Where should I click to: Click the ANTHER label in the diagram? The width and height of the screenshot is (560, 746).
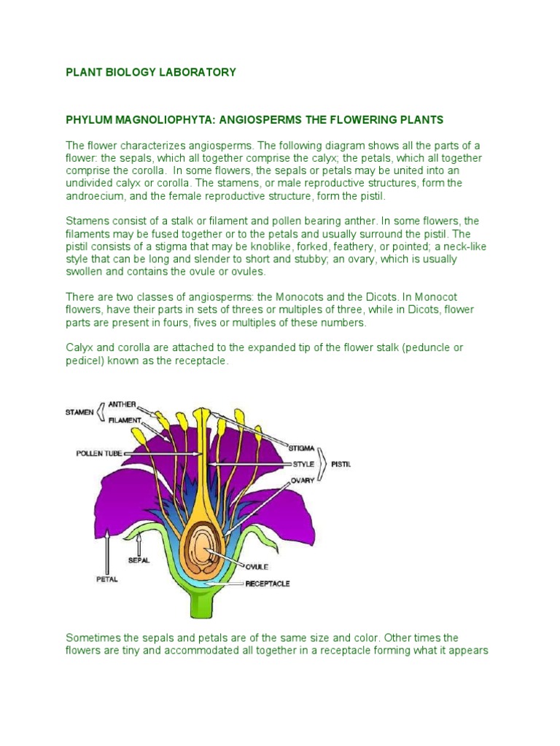122,404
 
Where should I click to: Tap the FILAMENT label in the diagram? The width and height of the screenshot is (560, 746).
125,420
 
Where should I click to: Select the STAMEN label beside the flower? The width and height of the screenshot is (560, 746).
79,412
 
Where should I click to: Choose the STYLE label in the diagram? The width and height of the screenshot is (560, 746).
303,463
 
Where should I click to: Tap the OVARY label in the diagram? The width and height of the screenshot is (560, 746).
303,481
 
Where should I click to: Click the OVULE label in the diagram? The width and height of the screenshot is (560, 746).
257,567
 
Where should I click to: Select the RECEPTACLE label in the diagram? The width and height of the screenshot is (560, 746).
268,584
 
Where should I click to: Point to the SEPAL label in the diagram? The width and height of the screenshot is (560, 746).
139,560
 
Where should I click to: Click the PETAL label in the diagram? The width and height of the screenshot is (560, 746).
107,580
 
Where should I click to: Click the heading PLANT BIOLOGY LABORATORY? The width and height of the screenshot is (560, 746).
151,72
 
